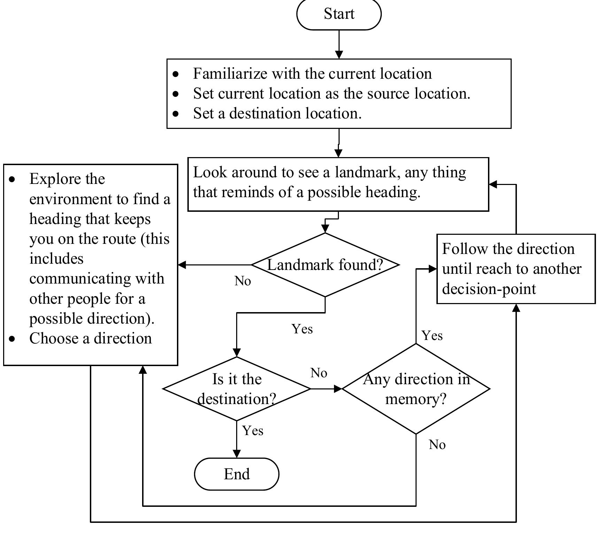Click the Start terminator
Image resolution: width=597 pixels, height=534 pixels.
point(339,14)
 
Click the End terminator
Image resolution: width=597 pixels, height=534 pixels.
point(237,474)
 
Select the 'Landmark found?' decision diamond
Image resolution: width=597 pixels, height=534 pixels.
point(325,265)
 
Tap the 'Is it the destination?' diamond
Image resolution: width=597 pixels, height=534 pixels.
point(237,389)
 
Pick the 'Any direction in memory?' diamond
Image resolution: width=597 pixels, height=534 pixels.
point(416,389)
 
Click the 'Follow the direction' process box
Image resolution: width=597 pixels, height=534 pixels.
point(516,269)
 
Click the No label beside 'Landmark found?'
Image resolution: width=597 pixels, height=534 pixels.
point(242,281)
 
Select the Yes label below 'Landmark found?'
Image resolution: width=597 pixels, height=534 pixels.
point(302,329)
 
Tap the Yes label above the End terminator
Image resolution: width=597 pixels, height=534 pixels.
point(253,431)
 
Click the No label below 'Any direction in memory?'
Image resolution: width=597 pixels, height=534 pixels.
point(437,445)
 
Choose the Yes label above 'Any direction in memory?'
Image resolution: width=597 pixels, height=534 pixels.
point(432,336)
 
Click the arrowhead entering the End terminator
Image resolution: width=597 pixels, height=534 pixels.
point(237,454)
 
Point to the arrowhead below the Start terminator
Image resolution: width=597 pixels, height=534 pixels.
point(339,55)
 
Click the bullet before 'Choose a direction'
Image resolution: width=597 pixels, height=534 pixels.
point(13,339)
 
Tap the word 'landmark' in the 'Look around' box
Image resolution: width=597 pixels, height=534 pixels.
point(365,172)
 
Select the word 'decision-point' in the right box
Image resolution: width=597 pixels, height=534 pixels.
point(489,289)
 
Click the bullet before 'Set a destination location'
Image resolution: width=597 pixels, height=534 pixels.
point(176,114)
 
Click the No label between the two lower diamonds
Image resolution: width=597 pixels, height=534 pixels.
point(319,373)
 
